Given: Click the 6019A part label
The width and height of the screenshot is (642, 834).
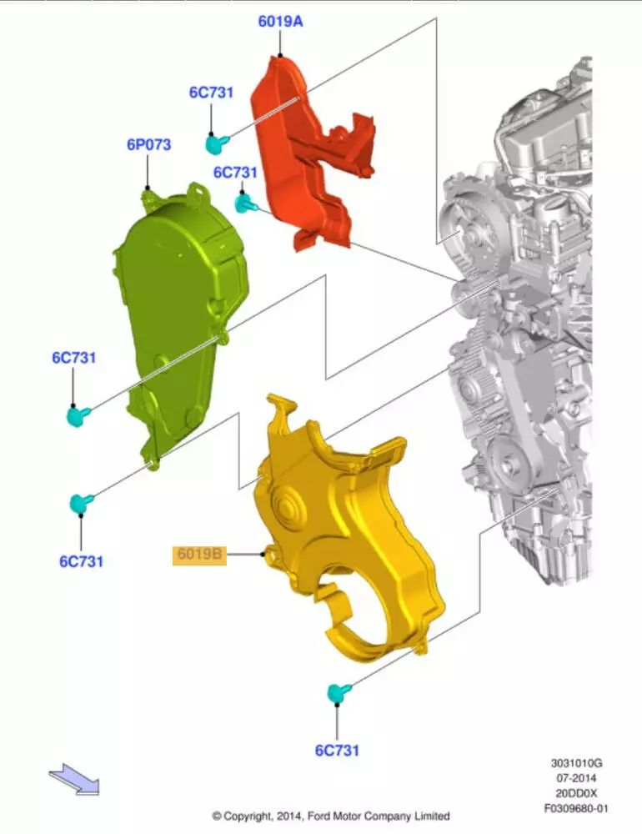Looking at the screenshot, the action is tap(280, 22).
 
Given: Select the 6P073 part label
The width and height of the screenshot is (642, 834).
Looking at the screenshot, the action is tap(149, 144).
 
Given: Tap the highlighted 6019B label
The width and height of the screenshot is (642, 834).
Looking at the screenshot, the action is tap(199, 555).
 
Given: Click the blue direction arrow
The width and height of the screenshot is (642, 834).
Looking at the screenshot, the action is tap(74, 779).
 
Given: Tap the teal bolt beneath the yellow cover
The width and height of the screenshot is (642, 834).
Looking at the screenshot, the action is tap(339, 692).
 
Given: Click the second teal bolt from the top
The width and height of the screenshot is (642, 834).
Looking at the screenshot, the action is tap(245, 203).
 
